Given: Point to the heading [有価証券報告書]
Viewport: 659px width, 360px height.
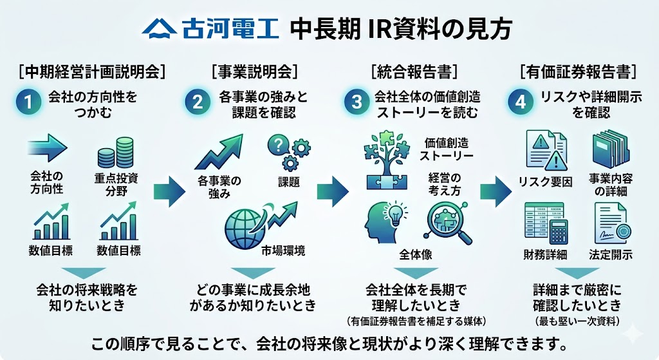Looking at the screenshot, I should click(579, 71).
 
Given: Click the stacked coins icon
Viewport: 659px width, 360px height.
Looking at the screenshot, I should click(115, 154).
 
